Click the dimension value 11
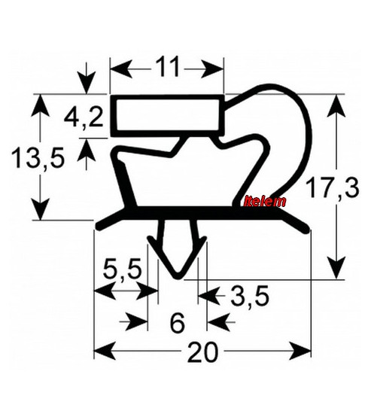coord(167,67)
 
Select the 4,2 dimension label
coord(84,118)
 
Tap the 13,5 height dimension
coord(38,158)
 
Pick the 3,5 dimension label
coord(249,296)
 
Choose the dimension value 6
coord(178,324)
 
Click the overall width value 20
coord(202,352)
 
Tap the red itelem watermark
coord(265,202)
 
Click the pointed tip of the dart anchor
coord(178,277)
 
